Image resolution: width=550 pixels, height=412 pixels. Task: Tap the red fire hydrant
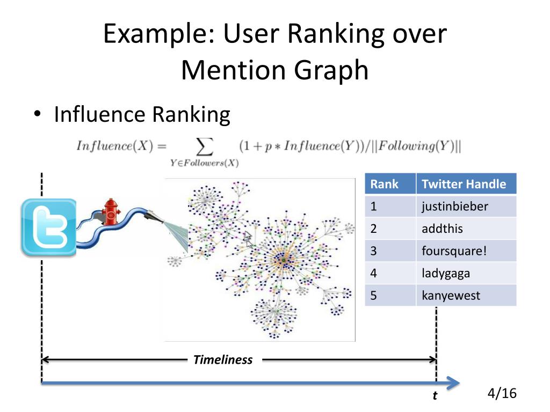click(111, 213)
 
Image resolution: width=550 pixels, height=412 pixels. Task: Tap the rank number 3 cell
click(390, 251)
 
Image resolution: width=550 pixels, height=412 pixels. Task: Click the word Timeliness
click(222, 360)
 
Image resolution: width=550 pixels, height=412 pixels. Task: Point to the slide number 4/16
click(502, 393)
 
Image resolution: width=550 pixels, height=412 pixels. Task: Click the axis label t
click(435, 396)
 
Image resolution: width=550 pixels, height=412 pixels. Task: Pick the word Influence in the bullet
click(100, 114)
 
